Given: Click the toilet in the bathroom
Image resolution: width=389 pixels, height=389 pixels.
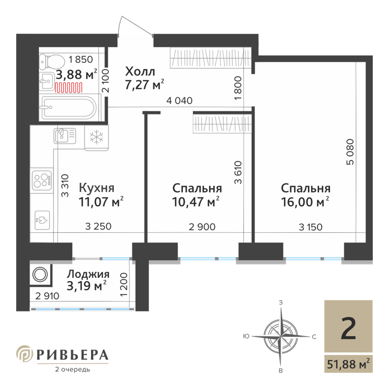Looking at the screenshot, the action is click(x=52, y=62).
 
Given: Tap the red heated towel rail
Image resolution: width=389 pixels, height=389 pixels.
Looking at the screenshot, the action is click(x=68, y=88).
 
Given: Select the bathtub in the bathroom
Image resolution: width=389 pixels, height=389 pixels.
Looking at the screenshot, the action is click(x=69, y=107).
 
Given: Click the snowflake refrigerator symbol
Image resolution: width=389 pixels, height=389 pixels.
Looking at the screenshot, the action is click(x=97, y=138).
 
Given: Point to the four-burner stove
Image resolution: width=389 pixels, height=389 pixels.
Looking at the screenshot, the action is click(x=42, y=181).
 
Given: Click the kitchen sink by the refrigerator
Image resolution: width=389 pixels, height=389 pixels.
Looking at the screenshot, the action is click(x=65, y=136).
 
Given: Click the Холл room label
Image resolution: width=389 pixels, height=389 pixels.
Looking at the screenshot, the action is click(x=140, y=72).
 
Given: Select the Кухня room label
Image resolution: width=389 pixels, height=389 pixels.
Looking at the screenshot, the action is click(x=97, y=188).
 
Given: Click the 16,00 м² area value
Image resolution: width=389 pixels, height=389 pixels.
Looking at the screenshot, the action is click(x=305, y=202).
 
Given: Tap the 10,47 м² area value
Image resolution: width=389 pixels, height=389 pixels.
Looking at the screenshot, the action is click(x=196, y=202).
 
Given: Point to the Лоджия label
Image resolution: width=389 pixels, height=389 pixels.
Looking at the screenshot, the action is click(x=88, y=275).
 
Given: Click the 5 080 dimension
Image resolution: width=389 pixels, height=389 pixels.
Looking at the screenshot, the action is click(x=350, y=152).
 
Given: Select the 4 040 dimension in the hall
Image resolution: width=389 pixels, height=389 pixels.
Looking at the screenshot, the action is click(x=179, y=101).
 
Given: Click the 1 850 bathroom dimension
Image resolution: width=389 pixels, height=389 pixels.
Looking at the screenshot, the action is click(x=81, y=59).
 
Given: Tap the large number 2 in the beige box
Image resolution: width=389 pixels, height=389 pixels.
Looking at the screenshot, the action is click(x=348, y=329).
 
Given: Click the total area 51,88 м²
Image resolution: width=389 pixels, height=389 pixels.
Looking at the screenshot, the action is click(x=348, y=364).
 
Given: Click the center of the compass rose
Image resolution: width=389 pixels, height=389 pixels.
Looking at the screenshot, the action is click(x=280, y=337).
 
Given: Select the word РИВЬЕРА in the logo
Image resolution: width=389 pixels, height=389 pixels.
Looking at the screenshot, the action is click(x=72, y=355).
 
